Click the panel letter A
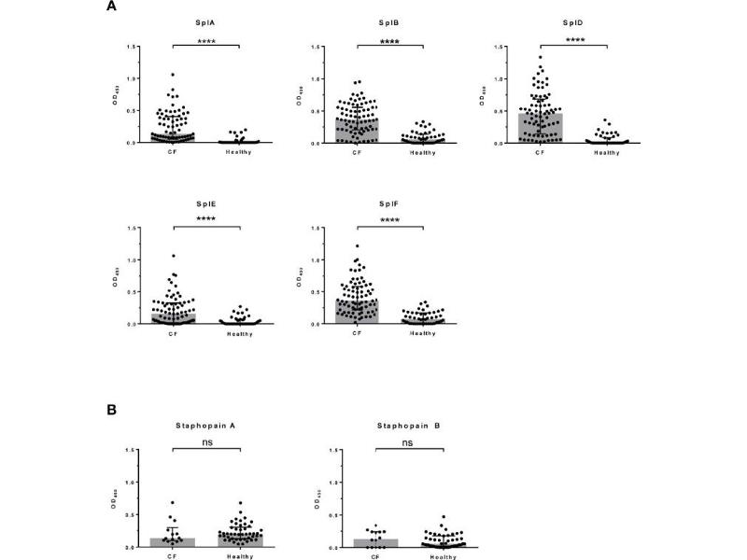(112, 7)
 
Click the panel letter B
(112, 408)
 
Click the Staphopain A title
(206, 426)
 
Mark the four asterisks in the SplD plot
(573, 40)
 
